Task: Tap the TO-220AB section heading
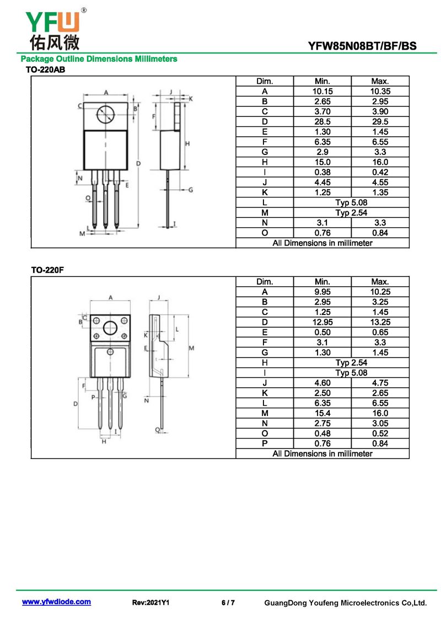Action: click(x=46, y=70)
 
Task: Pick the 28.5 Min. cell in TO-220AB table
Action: click(x=322, y=121)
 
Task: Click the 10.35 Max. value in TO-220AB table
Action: click(x=380, y=92)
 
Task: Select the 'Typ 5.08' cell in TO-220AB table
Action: click(x=351, y=202)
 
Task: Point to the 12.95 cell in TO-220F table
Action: click(x=322, y=322)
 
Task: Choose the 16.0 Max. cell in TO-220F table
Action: click(x=380, y=413)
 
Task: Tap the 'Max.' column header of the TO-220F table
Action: click(x=380, y=282)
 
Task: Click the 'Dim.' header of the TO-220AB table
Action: click(x=265, y=81)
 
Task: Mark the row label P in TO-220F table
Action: click(x=265, y=443)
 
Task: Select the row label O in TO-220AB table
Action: click(x=265, y=233)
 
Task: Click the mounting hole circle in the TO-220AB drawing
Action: click(x=105, y=115)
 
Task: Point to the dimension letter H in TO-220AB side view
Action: click(x=187, y=143)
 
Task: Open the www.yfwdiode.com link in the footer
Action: click(x=56, y=602)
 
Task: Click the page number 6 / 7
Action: click(x=228, y=602)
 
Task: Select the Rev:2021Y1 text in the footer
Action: click(x=150, y=602)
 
